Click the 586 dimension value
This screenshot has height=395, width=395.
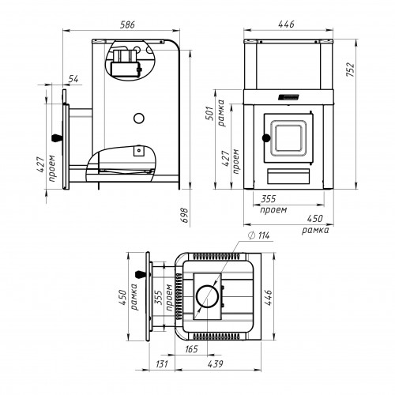tap(127, 24)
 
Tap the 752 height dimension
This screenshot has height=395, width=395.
tap(351, 70)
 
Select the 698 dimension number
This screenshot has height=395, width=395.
tap(185, 215)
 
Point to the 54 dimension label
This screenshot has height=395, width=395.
tap(73, 79)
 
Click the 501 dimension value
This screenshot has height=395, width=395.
tap(209, 113)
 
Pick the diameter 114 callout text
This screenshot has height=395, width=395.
tap(258, 235)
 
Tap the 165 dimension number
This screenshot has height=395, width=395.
tap(191, 349)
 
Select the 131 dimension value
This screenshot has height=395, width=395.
tap(161, 364)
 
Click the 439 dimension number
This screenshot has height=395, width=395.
tap(215, 364)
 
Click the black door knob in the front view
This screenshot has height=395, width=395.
tap(266, 138)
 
